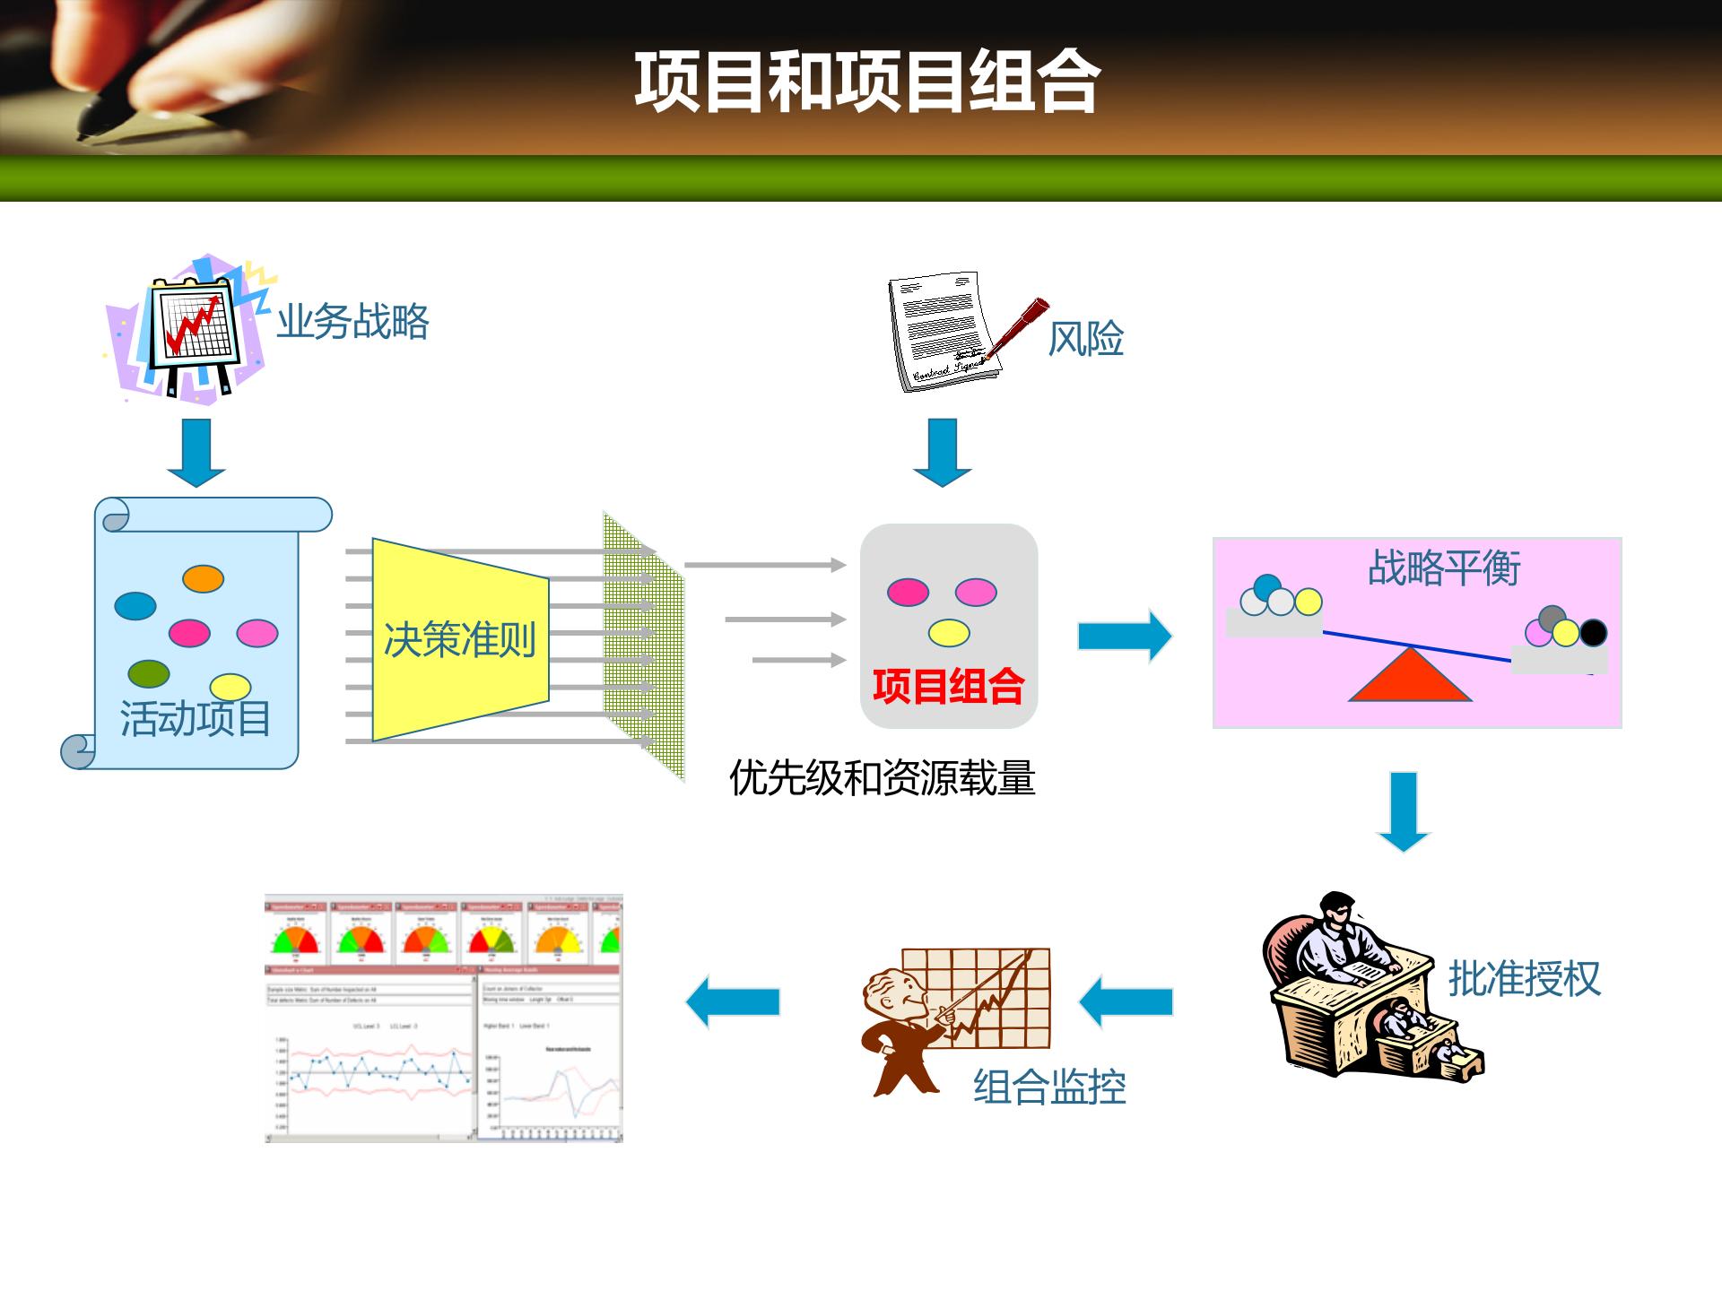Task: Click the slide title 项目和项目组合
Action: click(866, 82)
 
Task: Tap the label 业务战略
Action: click(352, 321)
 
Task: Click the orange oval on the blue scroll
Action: click(203, 578)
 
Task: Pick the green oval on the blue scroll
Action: click(149, 673)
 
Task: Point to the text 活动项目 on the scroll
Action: click(196, 718)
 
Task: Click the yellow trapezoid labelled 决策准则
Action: click(460, 639)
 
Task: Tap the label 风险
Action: click(1085, 339)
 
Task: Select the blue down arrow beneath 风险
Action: click(942, 451)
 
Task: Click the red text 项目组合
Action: click(948, 687)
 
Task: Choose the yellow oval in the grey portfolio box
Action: click(949, 633)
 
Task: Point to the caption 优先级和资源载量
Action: click(883, 777)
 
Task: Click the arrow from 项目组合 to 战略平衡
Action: click(1125, 636)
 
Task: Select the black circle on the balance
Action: click(1593, 633)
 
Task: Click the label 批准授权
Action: click(1524, 978)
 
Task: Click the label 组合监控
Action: click(1049, 1087)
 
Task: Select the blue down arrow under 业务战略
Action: click(196, 451)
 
